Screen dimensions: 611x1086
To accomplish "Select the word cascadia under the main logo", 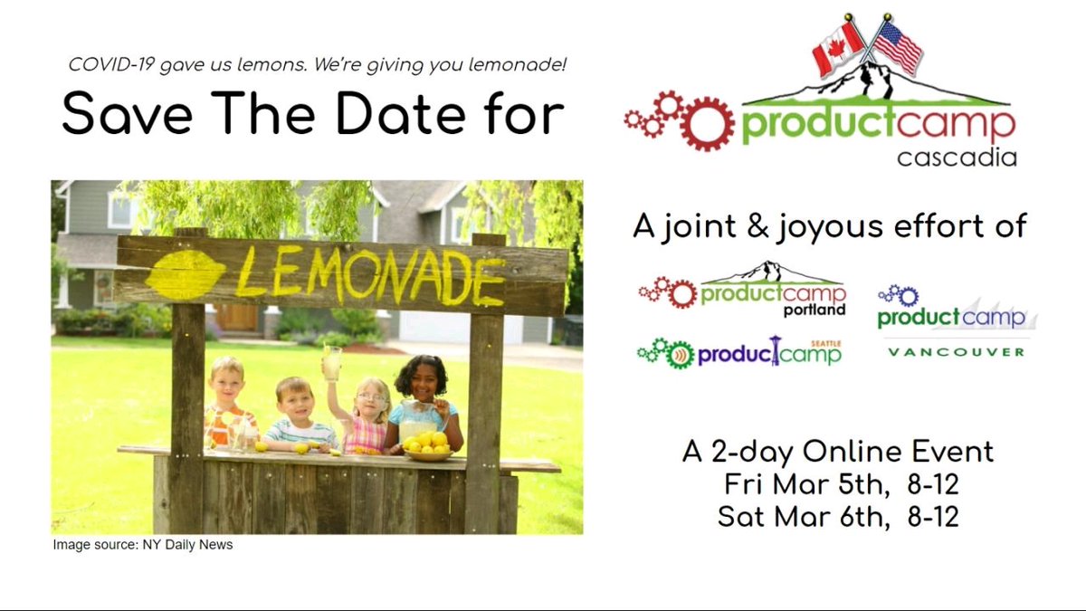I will (957, 158).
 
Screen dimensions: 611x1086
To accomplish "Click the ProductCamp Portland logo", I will (744, 289).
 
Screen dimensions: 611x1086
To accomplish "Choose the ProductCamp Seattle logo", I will (740, 351).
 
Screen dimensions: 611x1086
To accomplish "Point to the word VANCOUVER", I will (955, 351).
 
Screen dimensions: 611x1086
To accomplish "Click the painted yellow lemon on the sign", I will (186, 274).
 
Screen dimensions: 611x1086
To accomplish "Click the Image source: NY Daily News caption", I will (143, 545).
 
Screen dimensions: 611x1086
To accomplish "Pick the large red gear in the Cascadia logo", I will (707, 122).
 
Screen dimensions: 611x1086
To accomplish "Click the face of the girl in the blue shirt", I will (423, 377).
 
